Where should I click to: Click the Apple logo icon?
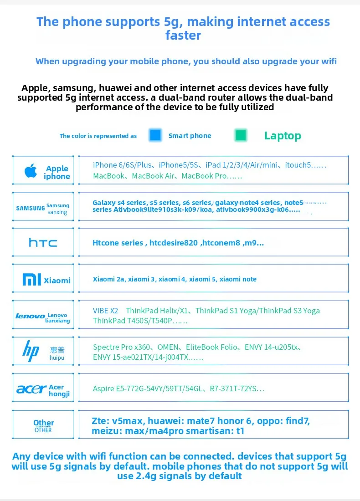coord(31,171)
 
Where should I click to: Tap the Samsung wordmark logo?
coord(31,208)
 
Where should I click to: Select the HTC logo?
coord(43,243)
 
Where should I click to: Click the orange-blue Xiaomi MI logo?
coord(32,280)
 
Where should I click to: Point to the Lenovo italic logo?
coord(30,316)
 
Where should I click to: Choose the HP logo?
coord(31,351)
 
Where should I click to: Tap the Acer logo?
coord(31,389)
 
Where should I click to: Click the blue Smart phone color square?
coord(155,135)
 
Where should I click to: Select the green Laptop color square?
coord(241,135)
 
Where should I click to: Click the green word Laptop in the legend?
coord(283,136)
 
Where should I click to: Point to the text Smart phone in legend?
coord(190,136)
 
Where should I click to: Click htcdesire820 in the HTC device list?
coord(174,243)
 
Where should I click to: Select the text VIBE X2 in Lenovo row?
coord(105,311)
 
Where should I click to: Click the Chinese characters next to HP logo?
coord(57,350)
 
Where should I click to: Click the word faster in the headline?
coord(183,35)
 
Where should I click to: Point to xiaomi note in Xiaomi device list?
coord(238,279)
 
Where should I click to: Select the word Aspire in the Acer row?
coord(104,389)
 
